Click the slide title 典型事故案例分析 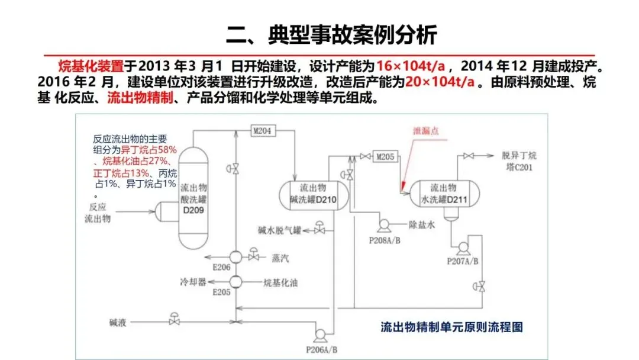331,35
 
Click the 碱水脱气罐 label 279,229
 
